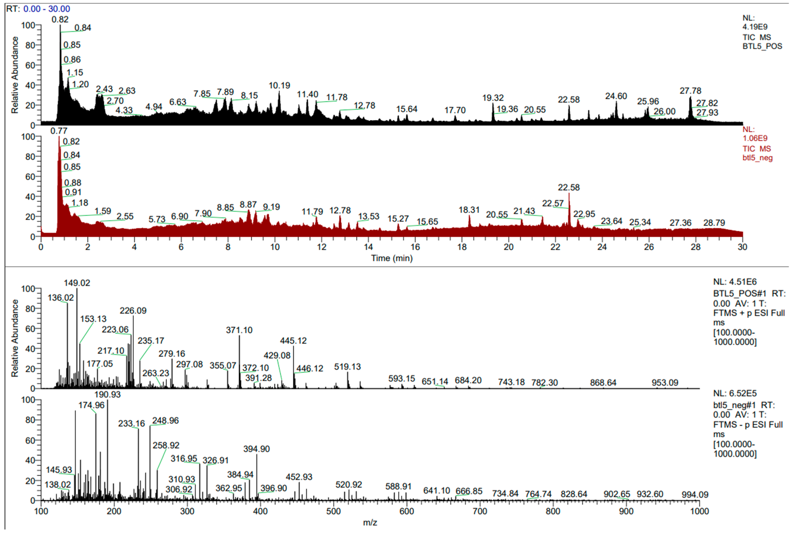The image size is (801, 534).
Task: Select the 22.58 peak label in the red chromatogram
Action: tap(569, 187)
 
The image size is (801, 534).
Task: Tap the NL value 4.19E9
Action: tap(755, 27)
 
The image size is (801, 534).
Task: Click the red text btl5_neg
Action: tap(757, 158)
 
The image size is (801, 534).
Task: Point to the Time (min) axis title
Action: tap(392, 258)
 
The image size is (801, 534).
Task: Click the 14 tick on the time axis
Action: tap(368, 247)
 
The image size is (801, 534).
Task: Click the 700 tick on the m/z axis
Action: tap(480, 511)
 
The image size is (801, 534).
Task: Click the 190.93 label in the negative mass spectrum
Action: tap(107, 394)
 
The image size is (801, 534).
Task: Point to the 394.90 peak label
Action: tap(256, 449)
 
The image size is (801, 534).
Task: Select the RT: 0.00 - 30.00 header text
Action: tap(38, 9)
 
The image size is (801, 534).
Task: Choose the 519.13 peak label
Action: tap(347, 367)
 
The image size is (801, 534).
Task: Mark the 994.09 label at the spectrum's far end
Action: tap(695, 494)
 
